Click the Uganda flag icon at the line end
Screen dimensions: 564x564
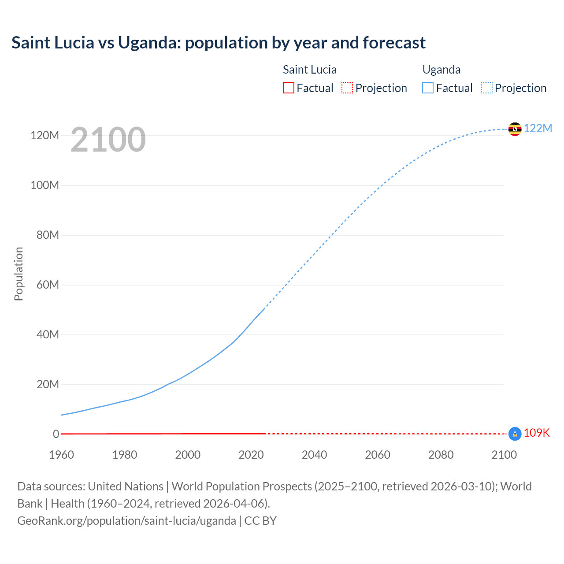(515, 129)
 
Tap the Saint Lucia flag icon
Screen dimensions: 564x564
(515, 434)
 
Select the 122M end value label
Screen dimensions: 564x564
(538, 128)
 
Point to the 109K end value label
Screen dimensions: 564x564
(537, 433)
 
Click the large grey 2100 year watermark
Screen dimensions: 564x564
(108, 140)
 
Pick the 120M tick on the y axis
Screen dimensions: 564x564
(45, 135)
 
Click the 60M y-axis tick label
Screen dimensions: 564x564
(48, 285)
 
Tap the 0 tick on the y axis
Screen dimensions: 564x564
(56, 434)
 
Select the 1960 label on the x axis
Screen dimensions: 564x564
(61, 455)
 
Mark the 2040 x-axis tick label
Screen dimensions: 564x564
(314, 455)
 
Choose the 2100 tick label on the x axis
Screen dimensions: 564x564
(504, 455)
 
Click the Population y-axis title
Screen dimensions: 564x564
(19, 274)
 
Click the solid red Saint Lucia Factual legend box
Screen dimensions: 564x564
(288, 88)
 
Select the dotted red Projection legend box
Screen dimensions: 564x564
(347, 88)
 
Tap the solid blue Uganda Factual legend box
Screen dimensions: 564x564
(427, 88)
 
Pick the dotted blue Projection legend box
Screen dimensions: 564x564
(487, 88)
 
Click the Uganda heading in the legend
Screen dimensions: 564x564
(442, 70)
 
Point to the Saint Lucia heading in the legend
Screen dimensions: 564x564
(309, 70)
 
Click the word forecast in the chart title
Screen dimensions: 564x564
(394, 43)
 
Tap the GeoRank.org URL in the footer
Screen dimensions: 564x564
(126, 520)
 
